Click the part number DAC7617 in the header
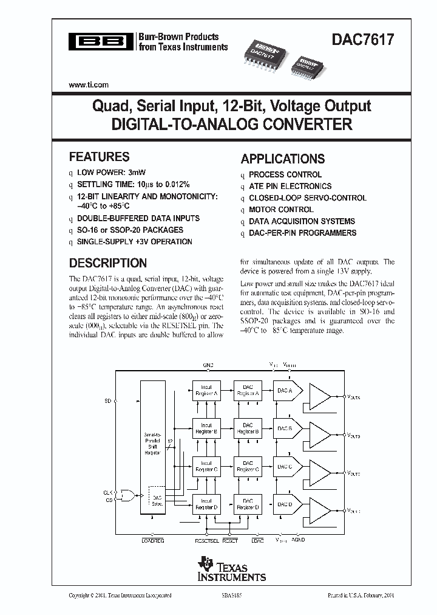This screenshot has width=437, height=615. pyautogui.click(x=362, y=41)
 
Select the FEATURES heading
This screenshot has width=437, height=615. pyautogui.click(x=99, y=156)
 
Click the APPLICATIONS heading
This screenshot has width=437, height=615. pyautogui.click(x=282, y=159)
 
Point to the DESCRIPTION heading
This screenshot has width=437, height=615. pyautogui.click(x=107, y=263)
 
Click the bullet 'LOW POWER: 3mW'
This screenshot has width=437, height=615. pyautogui.click(x=111, y=172)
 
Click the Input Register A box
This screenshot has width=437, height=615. pyautogui.click(x=206, y=390)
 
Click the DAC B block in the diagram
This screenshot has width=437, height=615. pyautogui.click(x=285, y=428)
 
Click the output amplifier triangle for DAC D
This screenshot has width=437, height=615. pyautogui.click(x=320, y=504)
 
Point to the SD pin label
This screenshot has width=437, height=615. pyautogui.click(x=109, y=401)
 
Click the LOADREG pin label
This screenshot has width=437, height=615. pyautogui.click(x=152, y=540)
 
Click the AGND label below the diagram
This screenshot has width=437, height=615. pyautogui.click(x=298, y=540)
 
